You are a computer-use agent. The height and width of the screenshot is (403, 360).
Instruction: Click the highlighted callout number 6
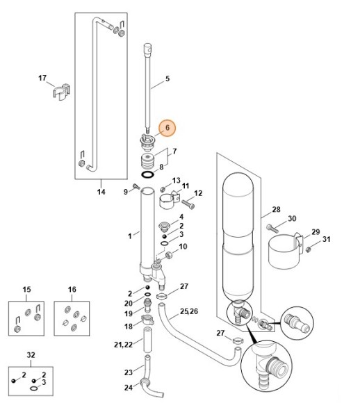(167, 128)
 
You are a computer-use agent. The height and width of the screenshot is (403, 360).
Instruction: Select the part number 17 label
(42, 79)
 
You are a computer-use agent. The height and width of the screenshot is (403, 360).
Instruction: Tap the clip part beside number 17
(60, 92)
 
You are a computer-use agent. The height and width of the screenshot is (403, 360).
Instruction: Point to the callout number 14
(101, 192)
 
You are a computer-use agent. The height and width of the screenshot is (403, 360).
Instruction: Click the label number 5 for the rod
(167, 80)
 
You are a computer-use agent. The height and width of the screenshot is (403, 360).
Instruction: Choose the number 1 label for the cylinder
(129, 236)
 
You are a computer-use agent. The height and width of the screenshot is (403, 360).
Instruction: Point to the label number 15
(27, 289)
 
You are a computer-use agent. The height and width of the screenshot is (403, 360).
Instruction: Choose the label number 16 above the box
(72, 289)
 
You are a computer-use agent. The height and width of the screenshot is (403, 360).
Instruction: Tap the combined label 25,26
(189, 309)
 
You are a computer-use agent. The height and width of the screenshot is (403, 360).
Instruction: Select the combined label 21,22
(122, 345)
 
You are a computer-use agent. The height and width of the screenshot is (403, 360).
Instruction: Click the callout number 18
(128, 327)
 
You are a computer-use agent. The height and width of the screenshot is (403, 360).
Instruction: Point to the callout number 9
(126, 191)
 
